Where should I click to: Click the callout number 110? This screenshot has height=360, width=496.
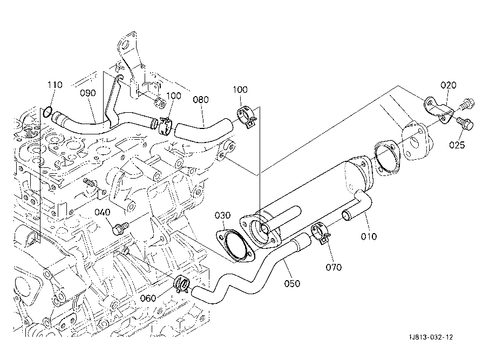[55, 85]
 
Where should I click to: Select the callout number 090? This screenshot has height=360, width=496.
[87, 93]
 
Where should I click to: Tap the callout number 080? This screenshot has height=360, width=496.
[201, 100]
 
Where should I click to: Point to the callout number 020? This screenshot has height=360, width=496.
[449, 85]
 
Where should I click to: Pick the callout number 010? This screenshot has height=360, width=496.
[369, 236]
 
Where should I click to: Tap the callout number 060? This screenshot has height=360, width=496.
[148, 298]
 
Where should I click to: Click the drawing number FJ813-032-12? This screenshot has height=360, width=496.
[430, 337]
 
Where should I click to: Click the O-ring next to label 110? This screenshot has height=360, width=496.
[47, 113]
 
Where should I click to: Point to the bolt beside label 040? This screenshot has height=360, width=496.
[120, 228]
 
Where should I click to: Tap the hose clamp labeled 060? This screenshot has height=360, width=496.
[181, 284]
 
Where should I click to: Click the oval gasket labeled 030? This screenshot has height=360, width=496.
[234, 243]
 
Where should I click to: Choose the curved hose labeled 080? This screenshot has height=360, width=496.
[204, 133]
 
